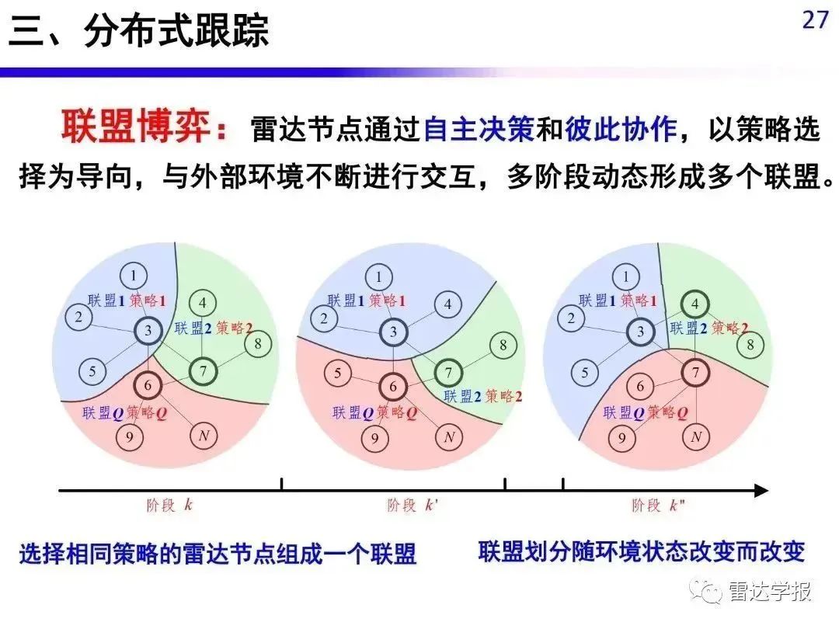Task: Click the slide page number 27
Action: (x=815, y=19)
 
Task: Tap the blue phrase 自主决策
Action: (x=479, y=130)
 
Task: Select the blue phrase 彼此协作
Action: (x=621, y=130)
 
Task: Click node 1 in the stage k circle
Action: (x=134, y=276)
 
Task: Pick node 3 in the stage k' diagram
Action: (x=393, y=332)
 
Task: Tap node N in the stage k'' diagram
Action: (x=696, y=437)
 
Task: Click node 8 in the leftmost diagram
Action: (x=258, y=343)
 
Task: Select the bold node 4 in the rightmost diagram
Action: (x=695, y=304)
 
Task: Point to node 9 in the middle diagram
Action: (x=374, y=439)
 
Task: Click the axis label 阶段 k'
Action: (x=412, y=505)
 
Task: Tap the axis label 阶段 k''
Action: (x=658, y=505)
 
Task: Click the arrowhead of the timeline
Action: (x=761, y=490)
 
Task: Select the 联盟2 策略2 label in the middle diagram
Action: (x=482, y=396)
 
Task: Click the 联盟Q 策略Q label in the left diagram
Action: (x=124, y=413)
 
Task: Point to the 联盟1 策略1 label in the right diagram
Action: (x=618, y=301)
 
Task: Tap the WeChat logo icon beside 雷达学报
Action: (x=706, y=590)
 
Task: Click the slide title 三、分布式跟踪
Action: (x=138, y=30)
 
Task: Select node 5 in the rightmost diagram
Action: (x=584, y=373)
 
